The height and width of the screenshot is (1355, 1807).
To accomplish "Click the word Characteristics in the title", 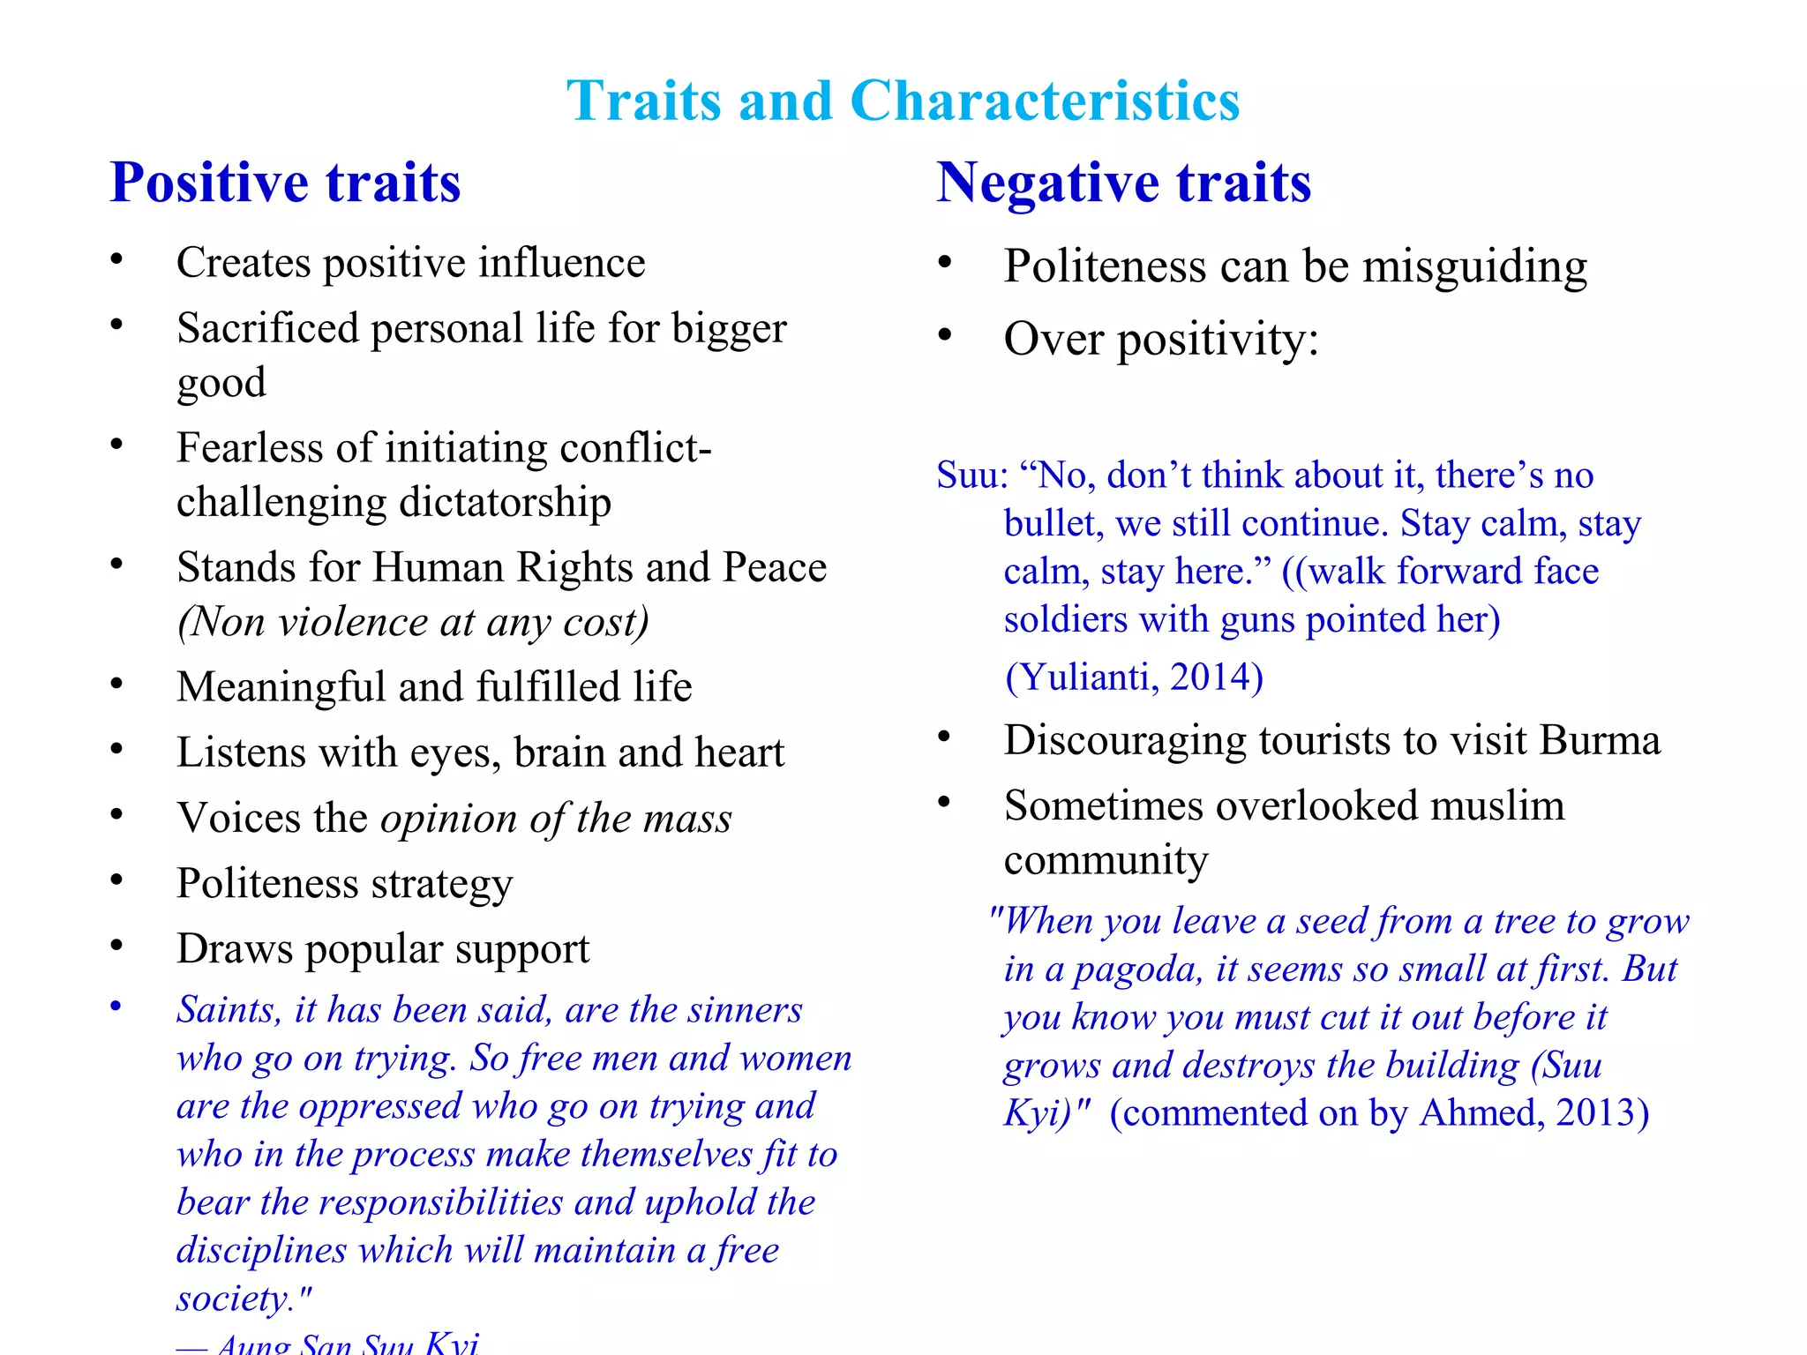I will tap(1045, 101).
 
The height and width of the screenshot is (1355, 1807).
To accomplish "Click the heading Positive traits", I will tap(285, 183).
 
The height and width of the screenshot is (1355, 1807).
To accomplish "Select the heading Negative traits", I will tap(1123, 183).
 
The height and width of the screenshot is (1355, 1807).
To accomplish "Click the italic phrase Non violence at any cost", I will tap(413, 622).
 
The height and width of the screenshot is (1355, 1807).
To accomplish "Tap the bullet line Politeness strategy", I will tap(344, 884).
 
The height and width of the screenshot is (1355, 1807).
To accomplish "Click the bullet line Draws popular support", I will tap(383, 949).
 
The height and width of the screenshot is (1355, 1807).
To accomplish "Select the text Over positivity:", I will tap(1161, 339).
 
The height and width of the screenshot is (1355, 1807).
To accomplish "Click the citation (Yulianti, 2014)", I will tap(1135, 677).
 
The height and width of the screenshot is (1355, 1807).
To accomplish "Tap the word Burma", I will tap(1600, 740).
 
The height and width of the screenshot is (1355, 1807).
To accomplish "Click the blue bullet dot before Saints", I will tap(116, 1007).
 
